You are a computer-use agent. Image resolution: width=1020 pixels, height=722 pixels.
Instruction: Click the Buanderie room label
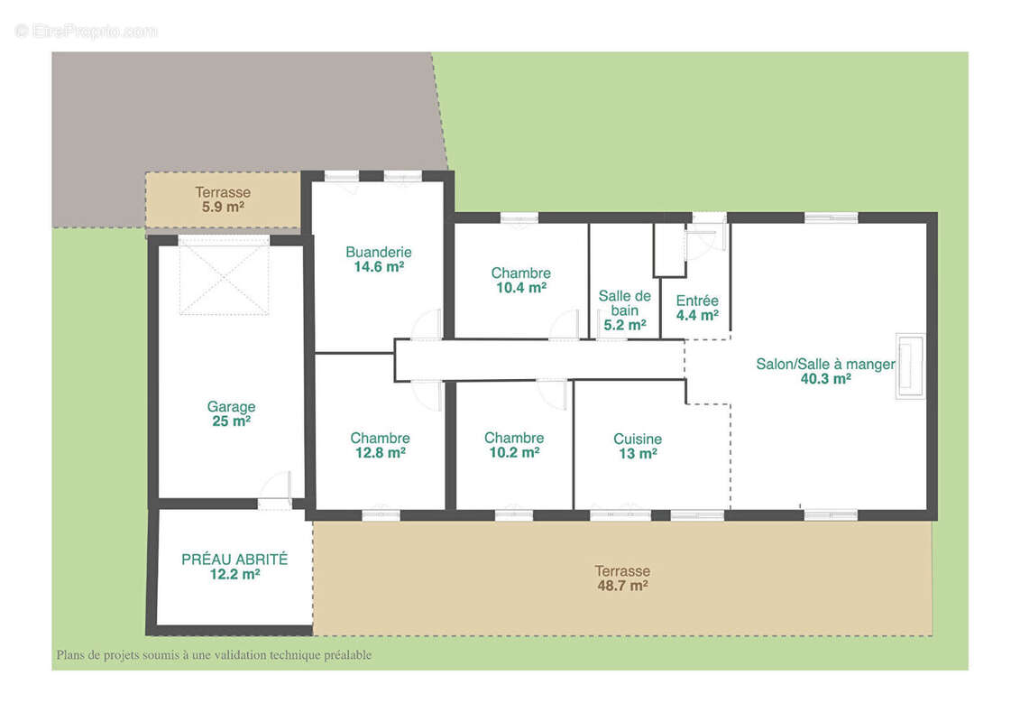(x=379, y=252)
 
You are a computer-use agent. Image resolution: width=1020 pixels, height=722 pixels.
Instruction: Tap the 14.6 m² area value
(x=379, y=267)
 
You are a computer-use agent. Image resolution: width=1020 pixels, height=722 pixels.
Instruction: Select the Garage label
(x=231, y=407)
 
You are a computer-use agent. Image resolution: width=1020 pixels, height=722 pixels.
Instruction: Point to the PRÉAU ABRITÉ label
(x=234, y=560)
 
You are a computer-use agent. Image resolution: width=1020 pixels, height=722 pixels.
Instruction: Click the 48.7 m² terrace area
(x=622, y=586)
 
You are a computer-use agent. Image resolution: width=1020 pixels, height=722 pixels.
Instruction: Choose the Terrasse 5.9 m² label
(x=223, y=199)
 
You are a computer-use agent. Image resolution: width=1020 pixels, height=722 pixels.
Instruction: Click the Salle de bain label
(x=624, y=302)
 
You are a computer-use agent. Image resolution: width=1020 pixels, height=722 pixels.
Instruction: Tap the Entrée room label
(x=697, y=301)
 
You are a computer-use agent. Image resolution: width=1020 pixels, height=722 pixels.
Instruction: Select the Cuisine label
(x=638, y=439)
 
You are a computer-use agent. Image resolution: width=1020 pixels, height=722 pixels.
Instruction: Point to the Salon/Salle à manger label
(x=825, y=364)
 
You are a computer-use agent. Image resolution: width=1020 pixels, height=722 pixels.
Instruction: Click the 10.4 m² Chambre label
(x=521, y=280)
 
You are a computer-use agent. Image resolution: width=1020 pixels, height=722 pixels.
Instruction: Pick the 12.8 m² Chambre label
(x=380, y=445)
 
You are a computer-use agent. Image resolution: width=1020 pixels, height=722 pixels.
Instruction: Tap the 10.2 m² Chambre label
(x=514, y=445)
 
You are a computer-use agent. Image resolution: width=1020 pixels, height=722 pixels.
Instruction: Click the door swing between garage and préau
(x=275, y=486)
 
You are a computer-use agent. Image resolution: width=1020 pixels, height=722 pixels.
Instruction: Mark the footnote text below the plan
(x=214, y=655)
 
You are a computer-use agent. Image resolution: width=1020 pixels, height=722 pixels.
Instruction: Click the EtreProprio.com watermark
(x=86, y=32)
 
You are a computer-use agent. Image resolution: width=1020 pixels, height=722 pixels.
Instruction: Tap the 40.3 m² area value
(x=825, y=379)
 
